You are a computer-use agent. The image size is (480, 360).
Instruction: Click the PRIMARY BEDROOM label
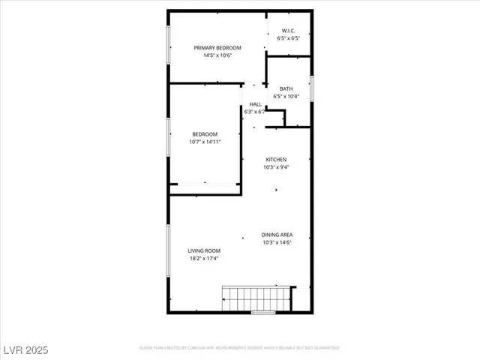tap(217, 48)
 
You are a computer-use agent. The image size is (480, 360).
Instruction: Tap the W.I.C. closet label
tap(289, 31)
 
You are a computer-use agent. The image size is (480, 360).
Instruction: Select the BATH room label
tap(286, 89)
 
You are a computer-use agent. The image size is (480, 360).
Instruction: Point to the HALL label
tap(256, 104)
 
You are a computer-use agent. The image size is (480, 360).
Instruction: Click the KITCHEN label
tap(276, 160)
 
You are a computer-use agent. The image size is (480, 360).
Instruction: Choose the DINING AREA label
tap(277, 235)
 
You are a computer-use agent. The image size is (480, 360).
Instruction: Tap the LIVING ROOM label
tap(204, 250)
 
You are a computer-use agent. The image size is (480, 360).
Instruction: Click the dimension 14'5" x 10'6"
tap(217, 55)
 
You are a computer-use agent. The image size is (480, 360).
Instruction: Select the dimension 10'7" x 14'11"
tap(204, 142)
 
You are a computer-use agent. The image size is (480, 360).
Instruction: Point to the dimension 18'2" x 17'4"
tap(204, 259)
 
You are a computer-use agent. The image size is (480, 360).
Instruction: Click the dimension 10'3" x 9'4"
tap(276, 167)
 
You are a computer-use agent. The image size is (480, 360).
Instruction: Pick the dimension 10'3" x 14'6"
tap(277, 242)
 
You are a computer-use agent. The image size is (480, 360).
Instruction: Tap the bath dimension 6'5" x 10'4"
tap(286, 97)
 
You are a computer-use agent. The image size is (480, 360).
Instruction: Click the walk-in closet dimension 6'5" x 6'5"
tap(289, 38)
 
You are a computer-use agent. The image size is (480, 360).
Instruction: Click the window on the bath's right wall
tap(311, 87)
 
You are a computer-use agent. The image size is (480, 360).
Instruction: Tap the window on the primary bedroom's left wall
tap(168, 46)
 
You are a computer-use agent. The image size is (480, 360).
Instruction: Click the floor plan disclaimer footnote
tap(240, 348)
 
